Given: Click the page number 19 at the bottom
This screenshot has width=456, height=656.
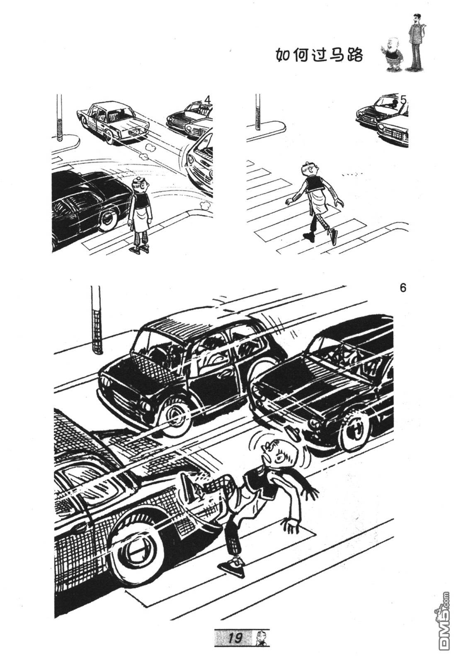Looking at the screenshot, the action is point(235,638).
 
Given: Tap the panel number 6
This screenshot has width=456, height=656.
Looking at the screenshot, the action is point(403,288).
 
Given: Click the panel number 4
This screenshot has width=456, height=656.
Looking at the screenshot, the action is point(208,100).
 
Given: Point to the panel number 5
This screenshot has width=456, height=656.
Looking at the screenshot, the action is point(403,100).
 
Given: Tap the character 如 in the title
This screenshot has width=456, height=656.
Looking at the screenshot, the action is point(284,55).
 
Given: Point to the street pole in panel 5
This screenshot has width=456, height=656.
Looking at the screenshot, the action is point(258,112).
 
